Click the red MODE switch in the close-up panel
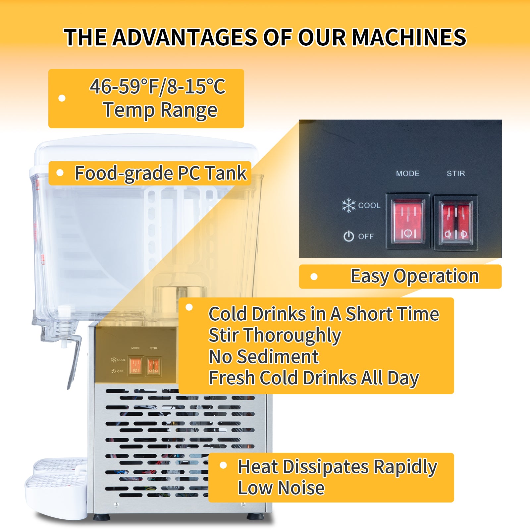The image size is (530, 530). pos(408,221)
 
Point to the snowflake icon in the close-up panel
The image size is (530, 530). pos(349,205)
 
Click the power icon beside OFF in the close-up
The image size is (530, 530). pos(348,236)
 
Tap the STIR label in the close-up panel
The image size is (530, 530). pos(456,173)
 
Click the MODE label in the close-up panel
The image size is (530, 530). pos(408,173)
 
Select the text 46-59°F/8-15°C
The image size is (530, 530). pos(158,86)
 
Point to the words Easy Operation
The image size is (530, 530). pos(415,276)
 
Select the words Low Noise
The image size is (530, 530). pos(281,488)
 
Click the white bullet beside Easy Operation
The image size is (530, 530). pos(314,277)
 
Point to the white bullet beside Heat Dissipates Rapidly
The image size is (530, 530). pos(223,465)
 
